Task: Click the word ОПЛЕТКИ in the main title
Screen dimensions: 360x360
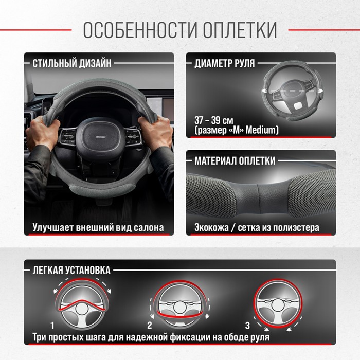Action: point(240,30)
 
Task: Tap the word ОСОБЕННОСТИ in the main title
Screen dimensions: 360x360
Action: point(140,30)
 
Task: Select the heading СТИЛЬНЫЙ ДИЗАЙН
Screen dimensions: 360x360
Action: point(72,63)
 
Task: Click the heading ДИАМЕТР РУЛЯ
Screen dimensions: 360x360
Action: point(225,63)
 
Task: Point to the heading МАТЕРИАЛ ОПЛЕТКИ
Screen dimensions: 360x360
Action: point(235,160)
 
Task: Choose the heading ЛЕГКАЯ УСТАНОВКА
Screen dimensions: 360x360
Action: point(71,270)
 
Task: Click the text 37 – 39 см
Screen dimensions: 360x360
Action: point(214,120)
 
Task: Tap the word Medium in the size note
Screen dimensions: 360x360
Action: point(261,130)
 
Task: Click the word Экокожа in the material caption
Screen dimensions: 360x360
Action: point(211,227)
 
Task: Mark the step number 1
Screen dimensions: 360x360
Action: point(52,326)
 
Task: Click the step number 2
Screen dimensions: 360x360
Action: point(150,326)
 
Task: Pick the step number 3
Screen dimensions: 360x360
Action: point(247,326)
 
